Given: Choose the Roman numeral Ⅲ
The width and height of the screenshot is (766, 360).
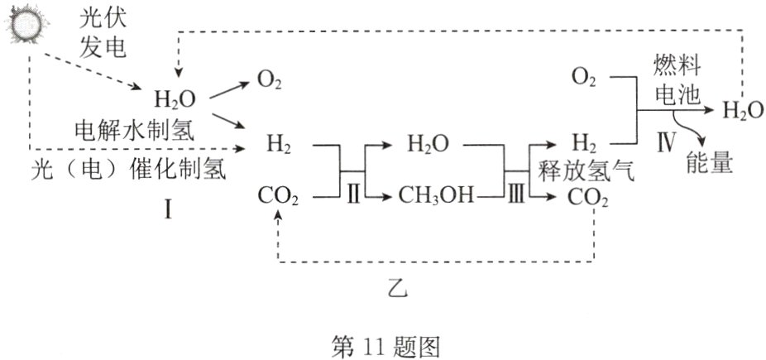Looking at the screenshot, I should point(515,197).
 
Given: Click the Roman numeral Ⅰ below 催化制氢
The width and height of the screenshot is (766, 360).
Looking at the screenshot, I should point(168,211).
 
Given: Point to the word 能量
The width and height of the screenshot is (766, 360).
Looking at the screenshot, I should point(709,163).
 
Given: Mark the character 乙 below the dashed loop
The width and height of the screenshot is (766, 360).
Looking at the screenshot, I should point(396,290).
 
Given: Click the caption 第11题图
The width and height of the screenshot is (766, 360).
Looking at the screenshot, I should point(383,343).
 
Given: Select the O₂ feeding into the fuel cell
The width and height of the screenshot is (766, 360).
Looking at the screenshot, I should point(584,79).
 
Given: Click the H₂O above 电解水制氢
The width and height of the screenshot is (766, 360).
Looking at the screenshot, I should point(175,100).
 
